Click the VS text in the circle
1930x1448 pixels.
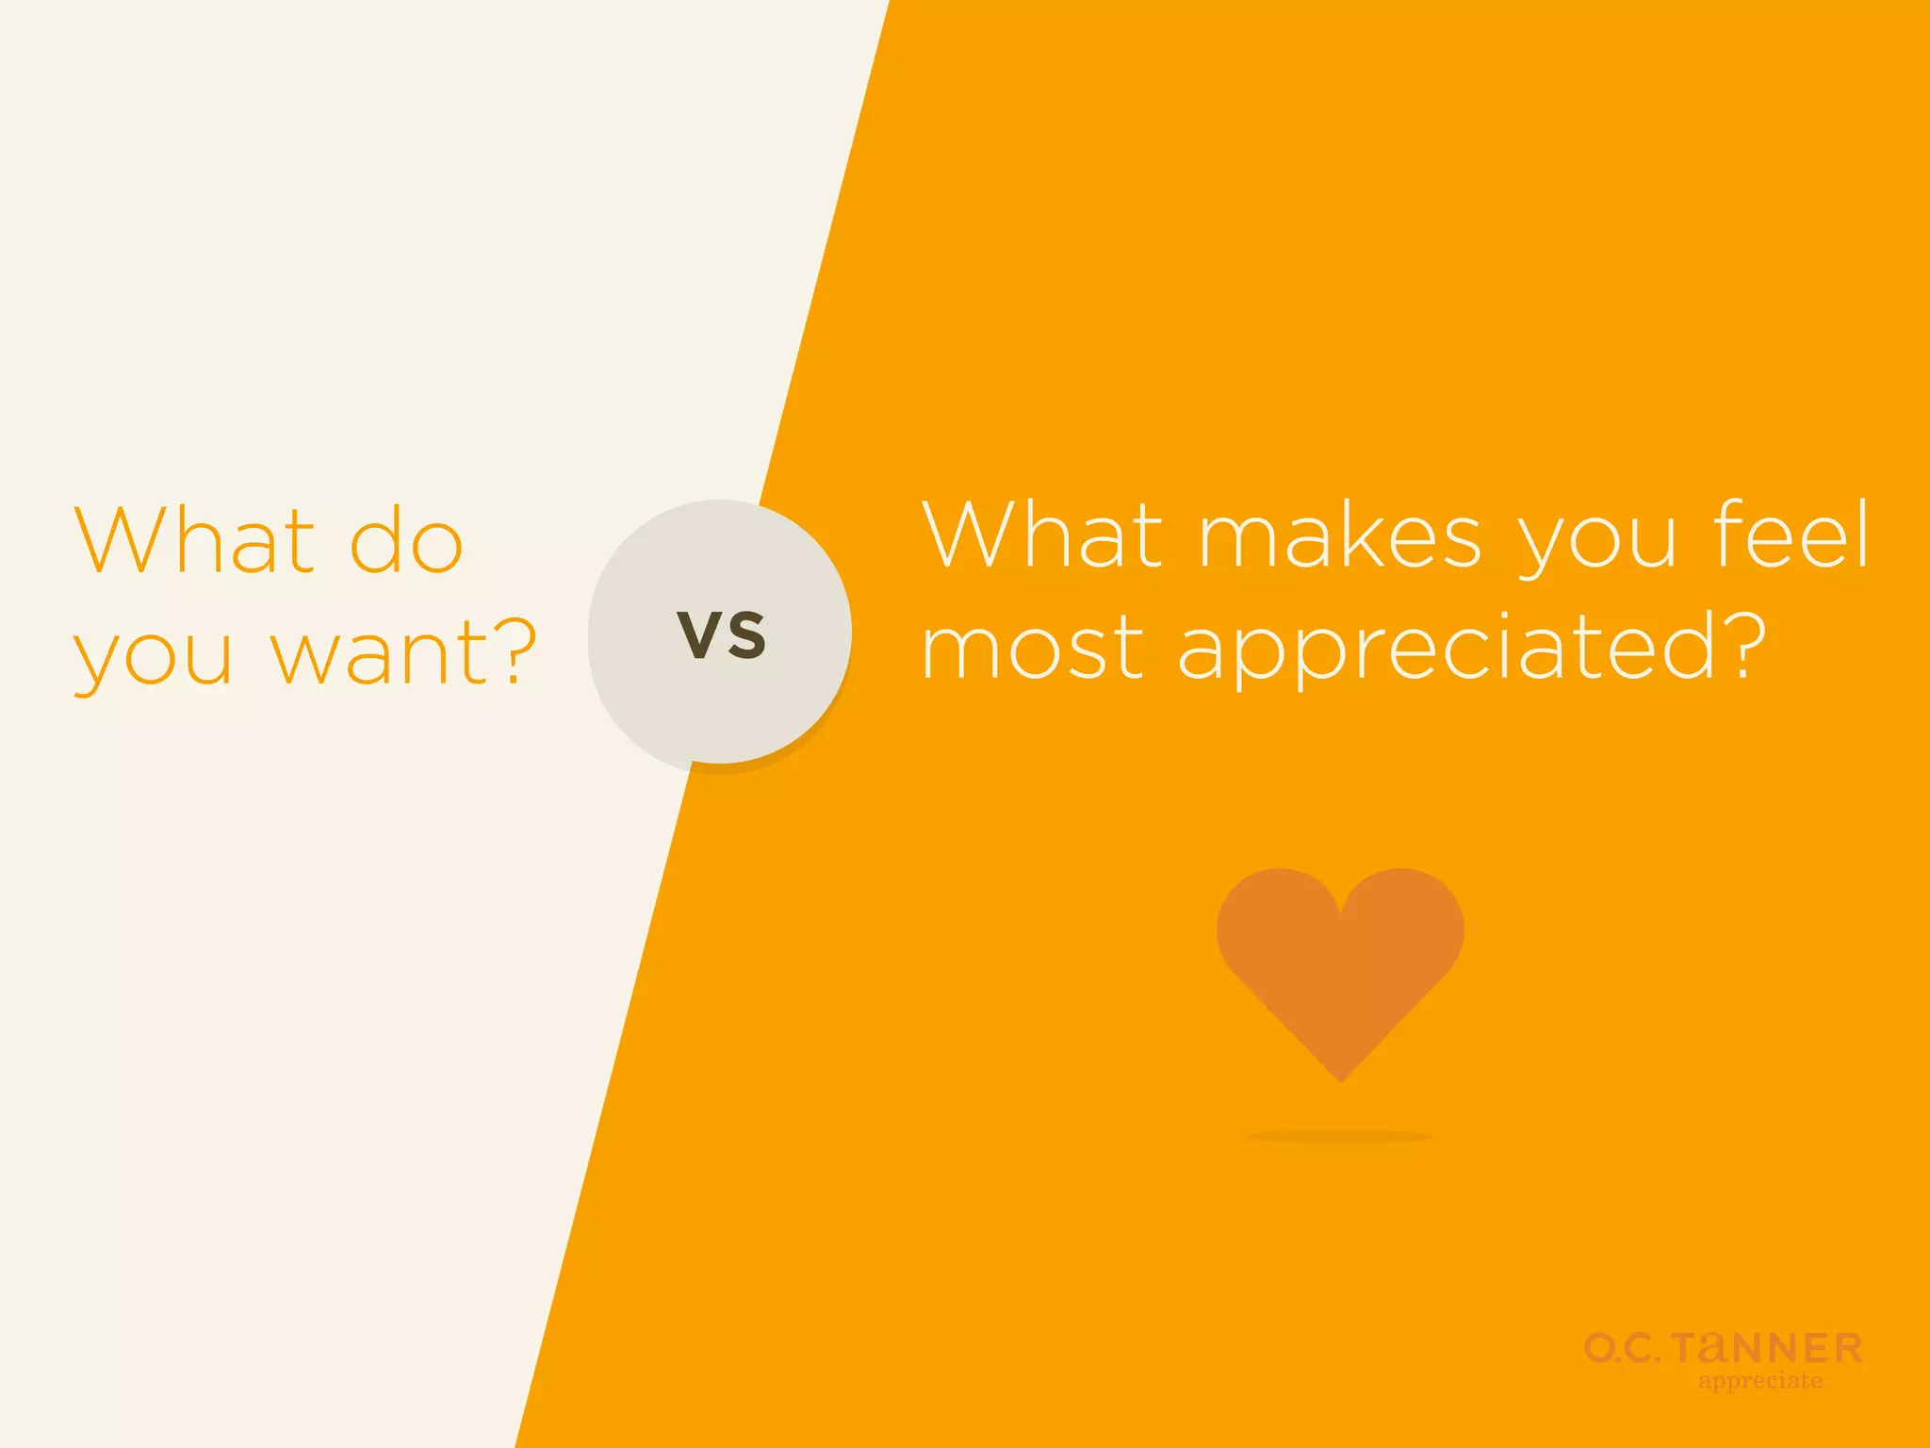point(722,634)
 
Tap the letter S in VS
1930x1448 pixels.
point(746,634)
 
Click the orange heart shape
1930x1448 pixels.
point(1340,962)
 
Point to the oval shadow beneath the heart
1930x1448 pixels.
point(1339,1137)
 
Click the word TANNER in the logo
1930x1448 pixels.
point(1767,1349)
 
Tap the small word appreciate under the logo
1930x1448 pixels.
point(1760,1381)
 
